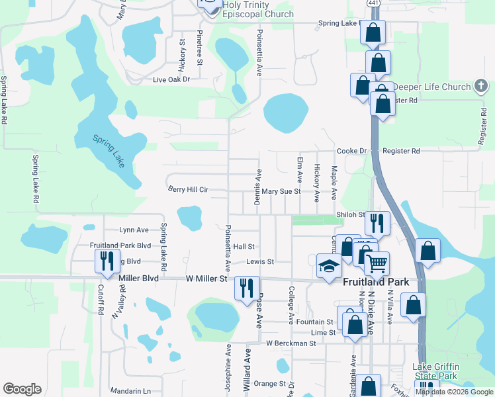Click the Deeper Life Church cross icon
(x=481, y=87)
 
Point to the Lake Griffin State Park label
(x=435, y=371)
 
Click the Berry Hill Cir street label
(x=188, y=190)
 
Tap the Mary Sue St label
(x=281, y=191)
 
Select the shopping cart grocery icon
(x=376, y=264)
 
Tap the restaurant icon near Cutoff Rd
(x=106, y=261)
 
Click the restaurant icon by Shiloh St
(x=377, y=222)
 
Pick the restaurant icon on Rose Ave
(x=246, y=288)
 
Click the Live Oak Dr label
(x=171, y=79)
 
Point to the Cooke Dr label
(x=351, y=151)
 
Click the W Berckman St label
(x=292, y=343)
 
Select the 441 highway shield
(x=373, y=3)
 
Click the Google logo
(x=22, y=389)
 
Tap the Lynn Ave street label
(x=134, y=230)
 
